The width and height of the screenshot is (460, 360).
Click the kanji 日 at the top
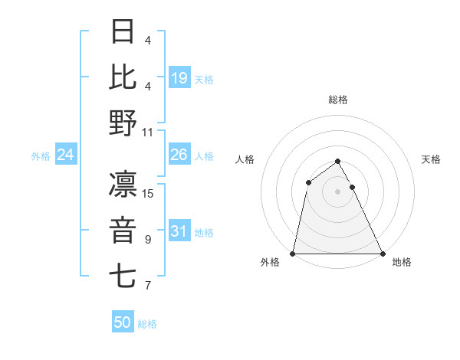click(123, 32)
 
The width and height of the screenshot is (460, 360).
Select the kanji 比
click(123, 77)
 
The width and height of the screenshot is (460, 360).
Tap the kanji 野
click(123, 123)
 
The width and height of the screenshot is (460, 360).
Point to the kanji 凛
click(123, 185)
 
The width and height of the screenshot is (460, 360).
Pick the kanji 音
click(123, 231)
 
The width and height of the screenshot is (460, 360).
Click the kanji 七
click(123, 276)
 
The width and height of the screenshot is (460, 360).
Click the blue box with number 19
click(179, 77)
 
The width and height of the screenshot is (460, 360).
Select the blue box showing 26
click(179, 155)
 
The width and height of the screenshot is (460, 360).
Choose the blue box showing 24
click(66, 155)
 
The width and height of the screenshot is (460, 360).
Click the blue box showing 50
click(123, 322)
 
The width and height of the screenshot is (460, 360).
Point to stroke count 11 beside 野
click(148, 132)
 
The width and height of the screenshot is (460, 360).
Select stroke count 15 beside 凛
click(148, 194)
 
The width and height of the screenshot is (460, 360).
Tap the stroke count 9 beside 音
click(148, 240)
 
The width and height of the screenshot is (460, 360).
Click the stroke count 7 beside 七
click(148, 286)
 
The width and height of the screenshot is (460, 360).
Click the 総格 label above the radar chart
click(337, 100)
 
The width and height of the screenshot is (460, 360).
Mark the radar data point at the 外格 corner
click(293, 254)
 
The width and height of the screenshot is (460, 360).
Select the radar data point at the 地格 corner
click(382, 254)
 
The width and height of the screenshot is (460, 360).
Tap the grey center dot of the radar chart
click(337, 191)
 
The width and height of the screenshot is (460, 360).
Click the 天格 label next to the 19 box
click(205, 79)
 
